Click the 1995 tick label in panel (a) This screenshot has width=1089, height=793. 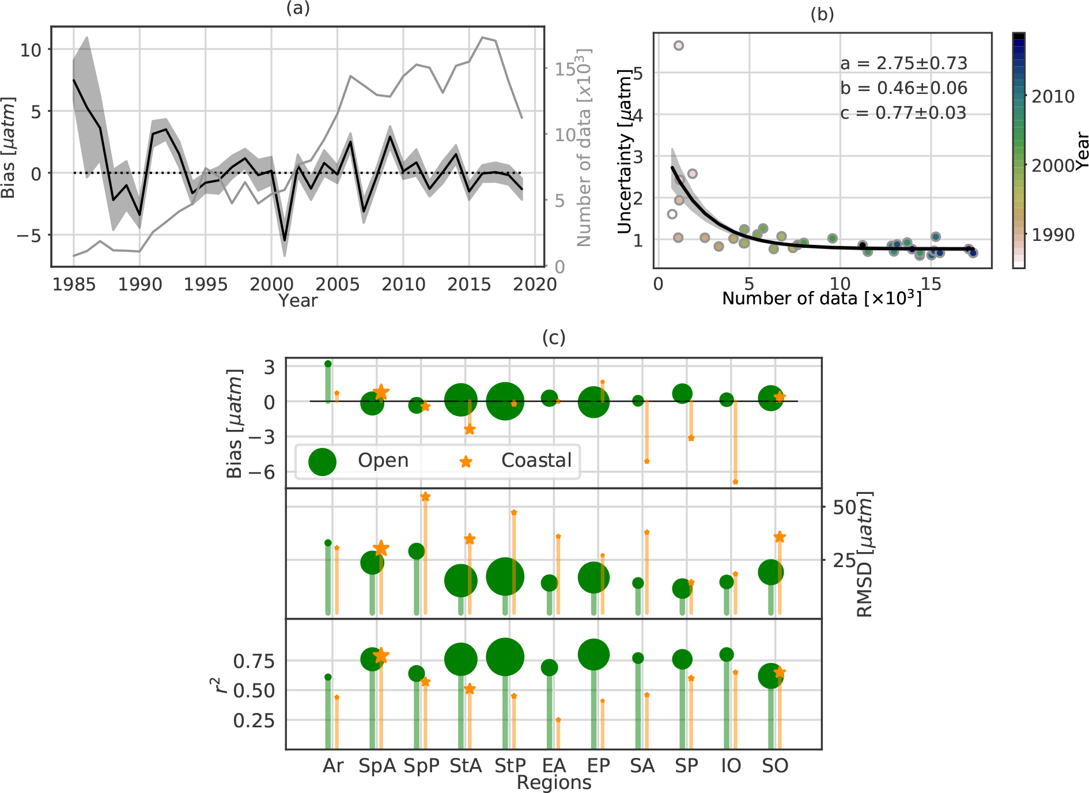click(205, 284)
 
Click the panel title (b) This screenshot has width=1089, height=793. click(822, 14)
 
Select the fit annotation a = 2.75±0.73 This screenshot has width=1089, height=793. click(903, 63)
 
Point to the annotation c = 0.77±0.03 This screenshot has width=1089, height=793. click(903, 113)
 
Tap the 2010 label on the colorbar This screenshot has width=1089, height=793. click(1053, 96)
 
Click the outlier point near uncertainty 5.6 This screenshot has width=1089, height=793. click(679, 46)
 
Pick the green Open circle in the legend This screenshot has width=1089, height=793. click(323, 461)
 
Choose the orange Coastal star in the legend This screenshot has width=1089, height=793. click(466, 462)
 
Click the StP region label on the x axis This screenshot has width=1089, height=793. click(510, 765)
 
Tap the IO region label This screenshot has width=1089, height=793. click(731, 765)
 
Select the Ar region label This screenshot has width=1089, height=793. click(333, 765)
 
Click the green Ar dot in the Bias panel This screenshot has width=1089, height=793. click(328, 364)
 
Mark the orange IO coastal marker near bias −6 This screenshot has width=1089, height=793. click(736, 482)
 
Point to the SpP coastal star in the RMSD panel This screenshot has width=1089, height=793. click(425, 497)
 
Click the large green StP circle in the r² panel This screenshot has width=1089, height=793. click(505, 657)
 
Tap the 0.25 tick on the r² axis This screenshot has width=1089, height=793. click(254, 720)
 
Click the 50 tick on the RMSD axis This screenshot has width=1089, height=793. click(844, 507)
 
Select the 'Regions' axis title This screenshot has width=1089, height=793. click(554, 783)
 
